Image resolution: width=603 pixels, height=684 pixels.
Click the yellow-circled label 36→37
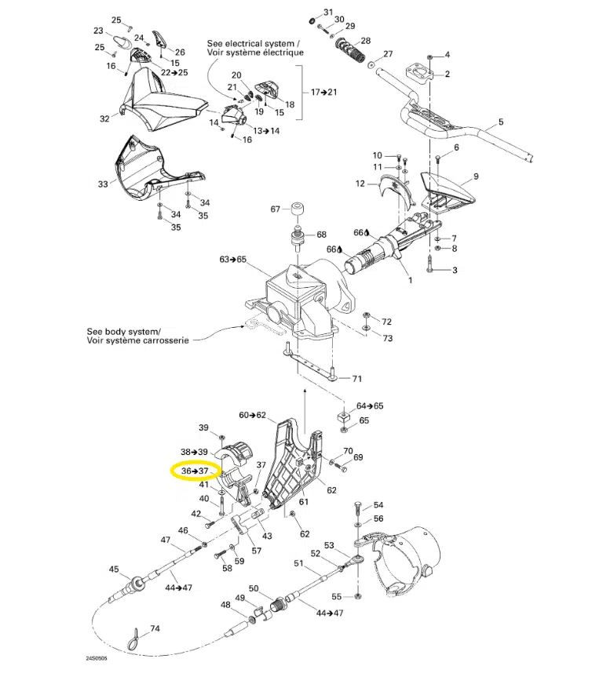click(x=194, y=471)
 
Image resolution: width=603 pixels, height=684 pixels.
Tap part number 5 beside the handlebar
click(x=500, y=123)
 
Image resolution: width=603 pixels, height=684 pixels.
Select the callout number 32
click(x=104, y=119)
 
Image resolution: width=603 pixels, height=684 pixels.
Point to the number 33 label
click(x=103, y=184)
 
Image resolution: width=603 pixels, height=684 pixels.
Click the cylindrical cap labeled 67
click(x=298, y=209)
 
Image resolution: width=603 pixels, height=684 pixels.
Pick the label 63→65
click(x=233, y=259)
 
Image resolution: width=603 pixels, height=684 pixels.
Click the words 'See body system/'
click(x=123, y=332)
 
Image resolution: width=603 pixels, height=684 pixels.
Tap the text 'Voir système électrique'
click(x=255, y=53)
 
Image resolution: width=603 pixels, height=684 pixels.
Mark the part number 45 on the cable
click(x=114, y=569)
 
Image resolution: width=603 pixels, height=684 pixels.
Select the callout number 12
click(x=360, y=184)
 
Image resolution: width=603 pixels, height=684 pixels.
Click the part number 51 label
click(x=298, y=563)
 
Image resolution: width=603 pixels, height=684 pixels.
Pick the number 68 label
click(x=320, y=235)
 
